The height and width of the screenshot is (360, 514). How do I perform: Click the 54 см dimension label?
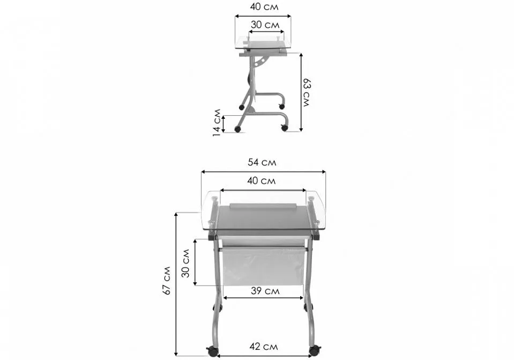point(262,162)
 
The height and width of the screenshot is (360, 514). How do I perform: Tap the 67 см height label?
point(167,281)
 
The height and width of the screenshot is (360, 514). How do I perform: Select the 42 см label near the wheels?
point(264,347)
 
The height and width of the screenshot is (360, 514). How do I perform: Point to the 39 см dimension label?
point(265,290)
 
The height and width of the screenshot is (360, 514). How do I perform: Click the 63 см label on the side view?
point(306,92)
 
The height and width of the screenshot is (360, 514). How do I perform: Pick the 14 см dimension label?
point(217,123)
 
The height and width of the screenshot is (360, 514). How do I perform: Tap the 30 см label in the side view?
point(265,25)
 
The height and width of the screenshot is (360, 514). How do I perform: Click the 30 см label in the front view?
point(185,263)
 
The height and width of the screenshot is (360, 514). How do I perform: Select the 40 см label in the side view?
point(264,6)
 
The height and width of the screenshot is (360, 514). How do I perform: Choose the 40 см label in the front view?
point(261,181)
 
